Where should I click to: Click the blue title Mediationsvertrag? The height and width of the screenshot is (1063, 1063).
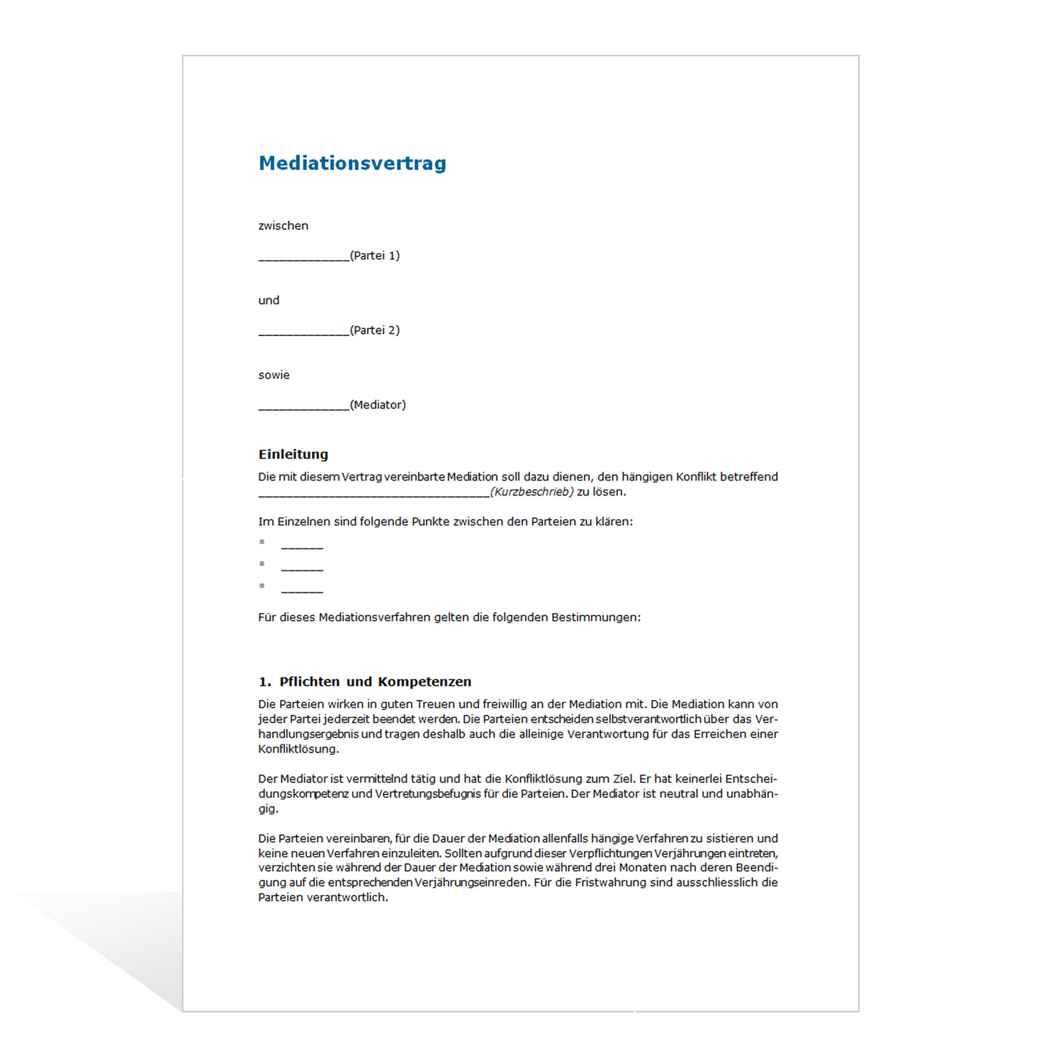pos(352,163)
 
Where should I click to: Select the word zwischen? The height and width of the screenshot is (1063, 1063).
pos(283,226)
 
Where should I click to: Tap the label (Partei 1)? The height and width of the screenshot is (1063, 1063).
pos(375,256)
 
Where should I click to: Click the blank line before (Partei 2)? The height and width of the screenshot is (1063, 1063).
pos(303,332)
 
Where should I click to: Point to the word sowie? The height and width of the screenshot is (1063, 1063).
pos(274,376)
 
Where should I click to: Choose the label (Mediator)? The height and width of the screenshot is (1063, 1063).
pos(378,405)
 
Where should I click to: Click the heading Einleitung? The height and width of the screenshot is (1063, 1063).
pos(293,454)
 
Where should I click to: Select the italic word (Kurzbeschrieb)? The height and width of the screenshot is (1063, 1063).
pos(531,492)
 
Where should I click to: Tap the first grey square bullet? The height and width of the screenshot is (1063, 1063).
pos(262,542)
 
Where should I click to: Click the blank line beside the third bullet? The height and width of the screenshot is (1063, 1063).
pos(302,590)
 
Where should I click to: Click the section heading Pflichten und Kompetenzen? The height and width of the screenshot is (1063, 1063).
pos(375,682)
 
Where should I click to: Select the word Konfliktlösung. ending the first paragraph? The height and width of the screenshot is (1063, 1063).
pos(298,749)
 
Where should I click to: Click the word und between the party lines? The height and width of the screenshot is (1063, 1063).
pos(269,300)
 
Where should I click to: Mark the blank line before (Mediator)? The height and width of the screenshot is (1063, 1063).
pos(303,407)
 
